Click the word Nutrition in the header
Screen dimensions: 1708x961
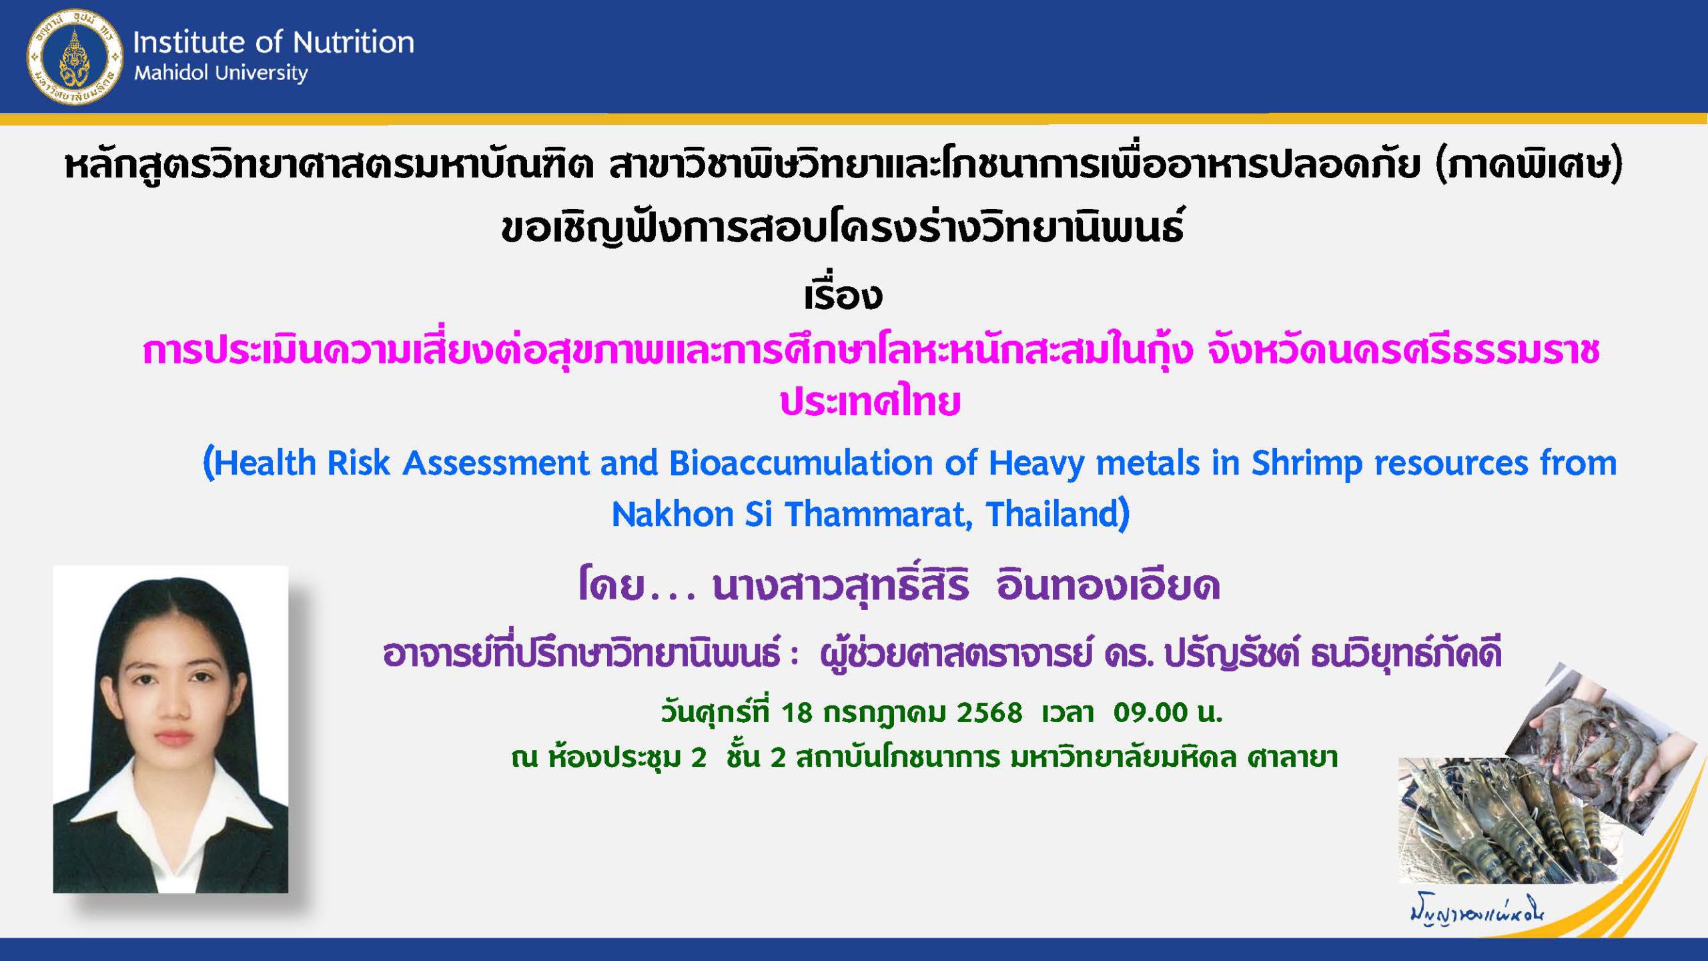coord(354,42)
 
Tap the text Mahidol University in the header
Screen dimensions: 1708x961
coord(221,73)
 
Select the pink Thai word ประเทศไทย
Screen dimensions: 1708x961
coord(870,402)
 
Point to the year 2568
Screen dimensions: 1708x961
coord(989,713)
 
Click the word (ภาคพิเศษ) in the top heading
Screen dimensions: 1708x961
coord(1529,166)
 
